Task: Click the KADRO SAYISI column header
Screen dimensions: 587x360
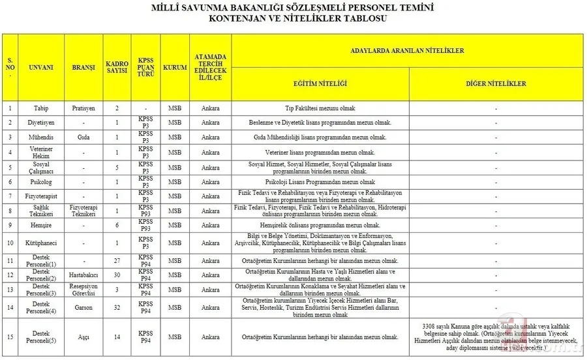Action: (117, 67)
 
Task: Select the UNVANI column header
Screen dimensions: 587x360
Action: (41, 67)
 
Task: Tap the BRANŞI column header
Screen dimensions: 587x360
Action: (83, 67)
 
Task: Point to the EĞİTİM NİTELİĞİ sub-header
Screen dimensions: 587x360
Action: (320, 84)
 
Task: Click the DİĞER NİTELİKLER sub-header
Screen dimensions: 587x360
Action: (496, 84)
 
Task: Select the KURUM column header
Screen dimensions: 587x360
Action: (175, 67)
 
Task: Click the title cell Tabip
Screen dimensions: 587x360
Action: (41, 108)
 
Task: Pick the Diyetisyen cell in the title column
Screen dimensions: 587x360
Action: (41, 123)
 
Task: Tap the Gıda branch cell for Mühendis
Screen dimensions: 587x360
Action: (83, 137)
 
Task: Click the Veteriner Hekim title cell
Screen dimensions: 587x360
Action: (41, 152)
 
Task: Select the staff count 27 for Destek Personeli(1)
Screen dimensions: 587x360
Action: (117, 261)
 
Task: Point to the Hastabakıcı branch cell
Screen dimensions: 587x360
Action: (83, 275)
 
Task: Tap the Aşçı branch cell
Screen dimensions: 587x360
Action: (83, 337)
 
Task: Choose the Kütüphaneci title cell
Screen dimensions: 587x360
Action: (41, 243)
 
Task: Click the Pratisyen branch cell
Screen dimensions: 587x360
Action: (83, 108)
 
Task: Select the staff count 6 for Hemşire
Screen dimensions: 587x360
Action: (117, 225)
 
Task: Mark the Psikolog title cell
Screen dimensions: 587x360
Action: (41, 181)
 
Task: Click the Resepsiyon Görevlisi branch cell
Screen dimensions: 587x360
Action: (83, 290)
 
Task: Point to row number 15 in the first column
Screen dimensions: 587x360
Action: (10, 337)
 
